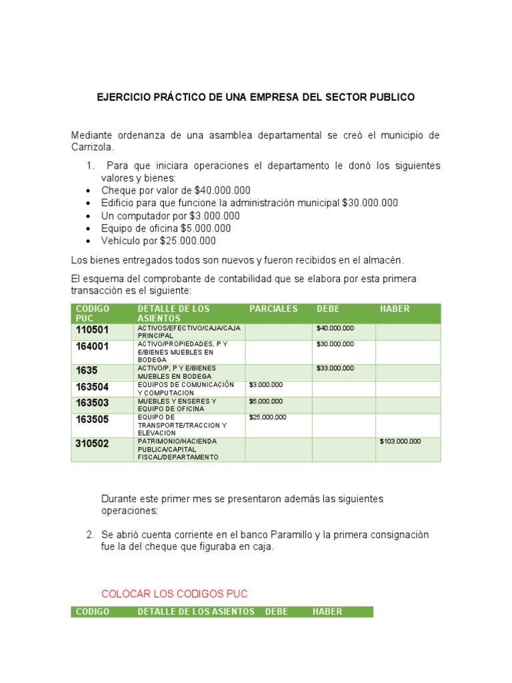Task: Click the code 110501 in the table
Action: pyautogui.click(x=92, y=330)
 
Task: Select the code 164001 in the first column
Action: pyautogui.click(x=92, y=347)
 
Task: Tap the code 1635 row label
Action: pyautogui.click(x=86, y=371)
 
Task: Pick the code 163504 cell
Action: pyautogui.click(x=92, y=388)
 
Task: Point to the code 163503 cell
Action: pyautogui.click(x=92, y=404)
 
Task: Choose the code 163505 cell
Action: pyautogui.click(x=92, y=420)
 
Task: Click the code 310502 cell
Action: pyautogui.click(x=92, y=444)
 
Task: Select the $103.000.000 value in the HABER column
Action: pyautogui.click(x=400, y=442)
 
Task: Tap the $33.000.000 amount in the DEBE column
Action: pyautogui.click(x=335, y=368)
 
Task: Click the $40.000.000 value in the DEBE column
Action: pyautogui.click(x=335, y=328)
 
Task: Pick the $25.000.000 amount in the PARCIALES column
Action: pyautogui.click(x=268, y=418)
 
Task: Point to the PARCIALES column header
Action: pyautogui.click(x=273, y=309)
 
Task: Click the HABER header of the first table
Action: pyautogui.click(x=395, y=309)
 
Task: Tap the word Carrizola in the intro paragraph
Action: pyautogui.click(x=93, y=147)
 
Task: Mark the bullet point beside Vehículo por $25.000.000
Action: pyautogui.click(x=89, y=241)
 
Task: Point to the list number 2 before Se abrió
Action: pyautogui.click(x=89, y=535)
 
